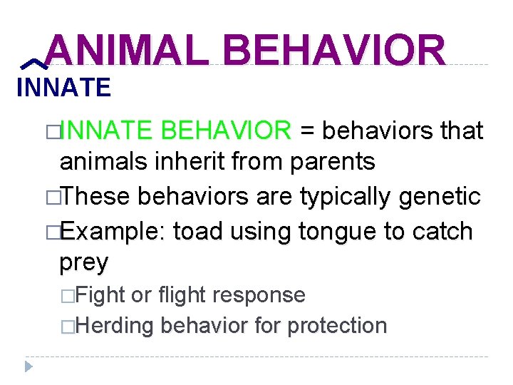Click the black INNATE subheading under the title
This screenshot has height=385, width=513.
coord(63,88)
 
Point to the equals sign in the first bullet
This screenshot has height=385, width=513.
coord(308,131)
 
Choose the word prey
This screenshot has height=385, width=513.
coord(84,262)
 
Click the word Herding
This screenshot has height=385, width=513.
coord(114,326)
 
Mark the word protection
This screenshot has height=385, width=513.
coord(337,326)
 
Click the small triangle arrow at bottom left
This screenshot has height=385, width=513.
coord(28,366)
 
